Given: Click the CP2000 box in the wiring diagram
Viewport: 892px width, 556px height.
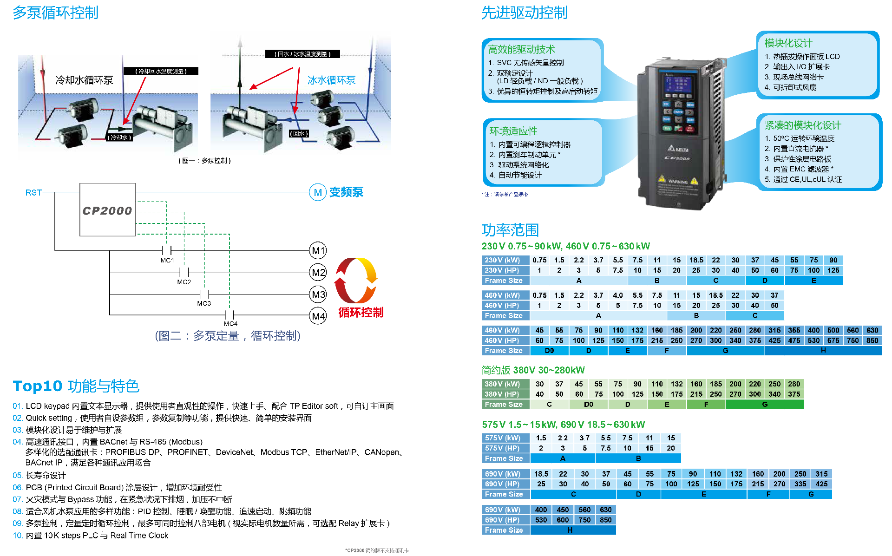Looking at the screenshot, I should [x=107, y=210].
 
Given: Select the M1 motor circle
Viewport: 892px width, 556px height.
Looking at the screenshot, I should [x=318, y=251].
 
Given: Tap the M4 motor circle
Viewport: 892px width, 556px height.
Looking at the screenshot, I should [x=318, y=316].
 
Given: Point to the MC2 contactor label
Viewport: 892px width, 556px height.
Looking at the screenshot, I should [x=184, y=282].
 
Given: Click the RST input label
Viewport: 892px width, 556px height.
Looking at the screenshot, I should [x=33, y=192].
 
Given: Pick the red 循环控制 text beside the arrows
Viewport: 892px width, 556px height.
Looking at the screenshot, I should [x=361, y=312].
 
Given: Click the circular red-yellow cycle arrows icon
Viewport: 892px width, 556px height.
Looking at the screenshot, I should [x=356, y=280].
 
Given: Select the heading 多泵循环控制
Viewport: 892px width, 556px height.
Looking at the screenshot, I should [x=56, y=13].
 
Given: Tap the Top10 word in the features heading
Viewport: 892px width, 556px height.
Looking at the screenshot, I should [x=38, y=386].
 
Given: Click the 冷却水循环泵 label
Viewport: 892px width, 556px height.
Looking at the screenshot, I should [x=84, y=80].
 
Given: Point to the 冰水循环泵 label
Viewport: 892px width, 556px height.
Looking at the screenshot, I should [x=331, y=80].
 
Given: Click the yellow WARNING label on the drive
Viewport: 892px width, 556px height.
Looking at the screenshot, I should [x=678, y=181].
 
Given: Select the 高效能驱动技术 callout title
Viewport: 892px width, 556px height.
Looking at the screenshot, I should [x=521, y=49].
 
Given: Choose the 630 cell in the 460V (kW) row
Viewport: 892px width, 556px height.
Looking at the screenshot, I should [x=872, y=330].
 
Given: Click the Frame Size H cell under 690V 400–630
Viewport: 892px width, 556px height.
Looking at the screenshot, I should [x=570, y=530].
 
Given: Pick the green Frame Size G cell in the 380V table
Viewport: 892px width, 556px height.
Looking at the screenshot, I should [x=764, y=405].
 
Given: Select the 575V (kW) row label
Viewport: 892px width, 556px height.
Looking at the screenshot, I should [x=503, y=438].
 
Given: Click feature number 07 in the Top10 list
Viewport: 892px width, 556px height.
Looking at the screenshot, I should [x=18, y=499].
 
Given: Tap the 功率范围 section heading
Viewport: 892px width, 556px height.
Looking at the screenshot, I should [x=510, y=229].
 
